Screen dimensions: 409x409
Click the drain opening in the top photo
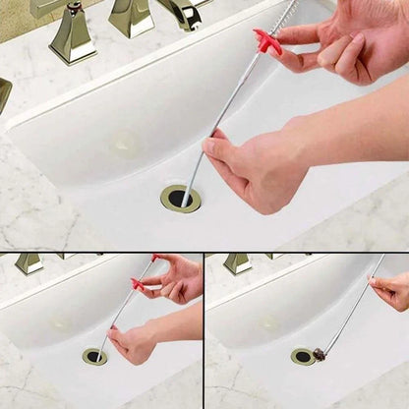pyautogui.click(x=180, y=198)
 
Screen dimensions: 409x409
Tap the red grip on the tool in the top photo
pyautogui.click(x=266, y=42)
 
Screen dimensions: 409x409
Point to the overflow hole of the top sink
pyautogui.click(x=126, y=144)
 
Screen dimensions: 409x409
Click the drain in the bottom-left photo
pyautogui.click(x=94, y=356)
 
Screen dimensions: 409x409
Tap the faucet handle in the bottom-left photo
pyautogui.click(x=29, y=263)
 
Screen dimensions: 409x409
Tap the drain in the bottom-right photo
pyautogui.click(x=303, y=356)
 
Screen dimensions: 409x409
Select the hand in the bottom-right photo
pyautogui.click(x=393, y=291)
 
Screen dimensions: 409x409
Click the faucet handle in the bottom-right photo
pyautogui.click(x=237, y=263)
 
